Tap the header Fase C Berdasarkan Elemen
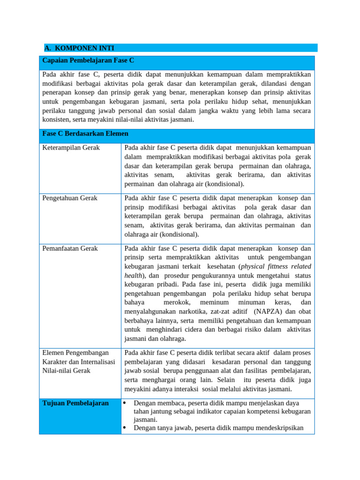tap(85, 134)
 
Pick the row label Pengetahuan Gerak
tap(70, 198)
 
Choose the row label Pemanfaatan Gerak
tap(70, 248)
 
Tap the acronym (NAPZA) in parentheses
tap(268, 311)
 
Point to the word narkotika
tap(201, 311)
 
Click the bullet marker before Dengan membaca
tap(125, 403)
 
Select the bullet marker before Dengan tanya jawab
tap(125, 428)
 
